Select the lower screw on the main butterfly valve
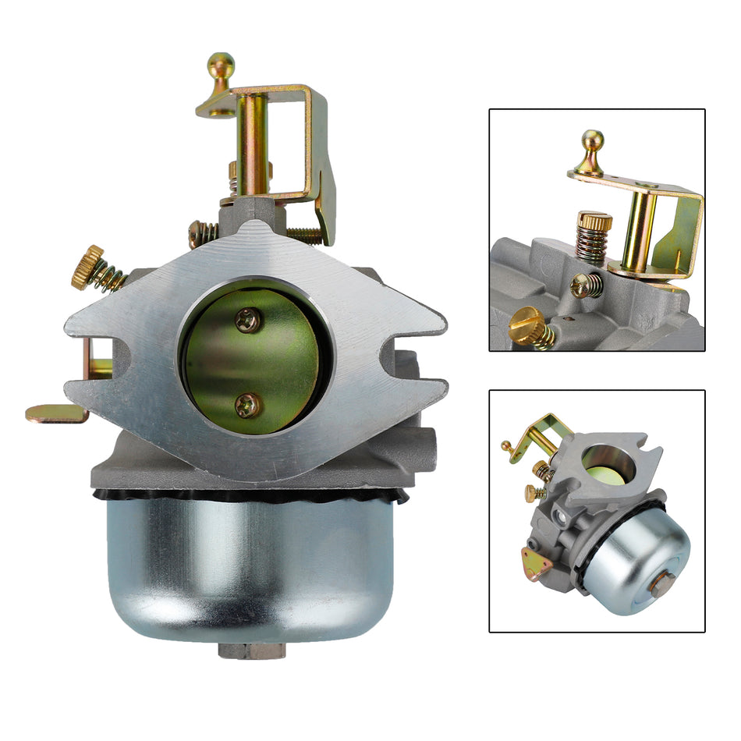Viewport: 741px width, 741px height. click(x=248, y=404)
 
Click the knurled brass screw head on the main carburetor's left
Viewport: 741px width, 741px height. click(x=87, y=266)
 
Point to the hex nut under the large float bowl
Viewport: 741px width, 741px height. click(x=251, y=649)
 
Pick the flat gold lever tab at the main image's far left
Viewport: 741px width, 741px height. click(x=57, y=413)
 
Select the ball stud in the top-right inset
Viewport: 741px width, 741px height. click(x=592, y=143)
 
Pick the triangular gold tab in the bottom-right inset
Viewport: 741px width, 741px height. click(x=534, y=562)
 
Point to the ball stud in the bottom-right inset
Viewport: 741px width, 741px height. click(x=505, y=447)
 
